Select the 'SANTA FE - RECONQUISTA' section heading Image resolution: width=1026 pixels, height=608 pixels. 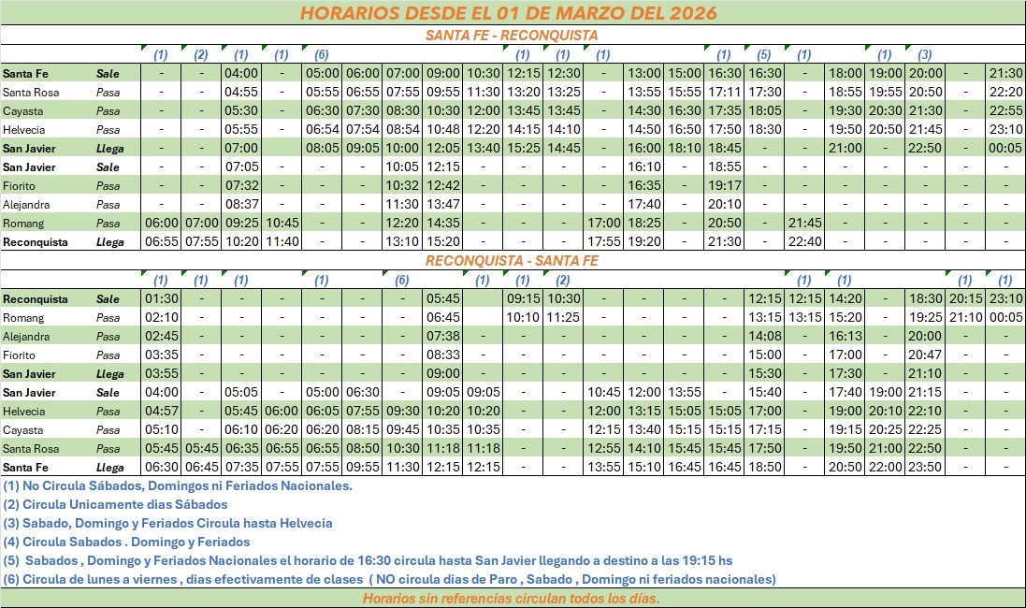click(511, 36)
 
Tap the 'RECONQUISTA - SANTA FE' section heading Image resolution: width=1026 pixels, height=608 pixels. click(511, 261)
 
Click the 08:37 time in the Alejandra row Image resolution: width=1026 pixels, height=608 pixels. click(241, 204)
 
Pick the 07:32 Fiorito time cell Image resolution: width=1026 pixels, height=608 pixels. click(241, 185)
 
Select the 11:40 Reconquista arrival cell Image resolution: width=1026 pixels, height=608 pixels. click(281, 241)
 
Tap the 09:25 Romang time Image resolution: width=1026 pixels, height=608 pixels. click(241, 223)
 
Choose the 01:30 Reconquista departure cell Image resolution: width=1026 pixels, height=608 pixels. click(162, 299)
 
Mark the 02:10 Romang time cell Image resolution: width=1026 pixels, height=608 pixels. click(162, 318)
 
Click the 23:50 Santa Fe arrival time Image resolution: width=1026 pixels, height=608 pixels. click(925, 467)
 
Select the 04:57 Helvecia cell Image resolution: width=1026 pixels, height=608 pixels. click(162, 412)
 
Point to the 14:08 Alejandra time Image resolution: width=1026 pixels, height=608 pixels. click(764, 337)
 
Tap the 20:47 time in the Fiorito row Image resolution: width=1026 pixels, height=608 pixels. click(925, 355)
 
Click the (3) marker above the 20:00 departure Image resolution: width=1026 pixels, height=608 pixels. click(925, 54)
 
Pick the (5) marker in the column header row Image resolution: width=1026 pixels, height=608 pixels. click(763, 54)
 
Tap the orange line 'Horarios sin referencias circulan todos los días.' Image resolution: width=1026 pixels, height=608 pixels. click(511, 599)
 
